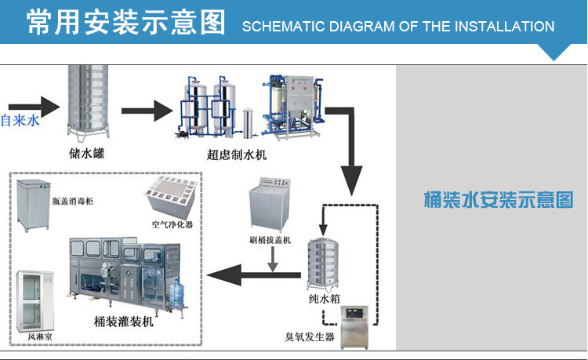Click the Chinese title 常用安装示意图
pyautogui.click(x=126, y=23)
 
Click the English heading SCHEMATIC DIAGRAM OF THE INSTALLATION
pyautogui.click(x=398, y=26)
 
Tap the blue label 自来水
pyautogui.click(x=20, y=122)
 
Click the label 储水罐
pyautogui.click(x=86, y=154)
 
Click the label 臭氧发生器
pyautogui.click(x=310, y=338)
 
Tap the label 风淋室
pyautogui.click(x=39, y=337)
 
